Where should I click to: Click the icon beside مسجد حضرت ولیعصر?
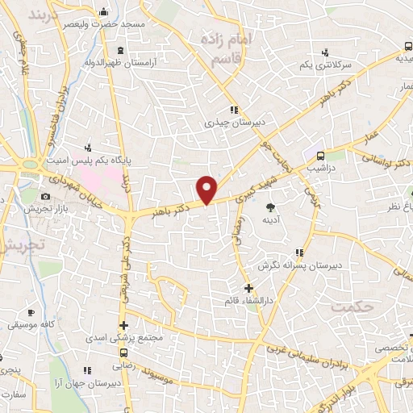(103, 13)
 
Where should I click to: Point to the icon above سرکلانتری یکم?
(324, 51)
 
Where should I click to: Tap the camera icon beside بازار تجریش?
(45, 197)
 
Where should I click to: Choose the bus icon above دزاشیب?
(320, 155)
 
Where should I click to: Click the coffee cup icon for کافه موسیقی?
(31, 312)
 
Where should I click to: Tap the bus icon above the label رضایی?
(123, 353)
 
